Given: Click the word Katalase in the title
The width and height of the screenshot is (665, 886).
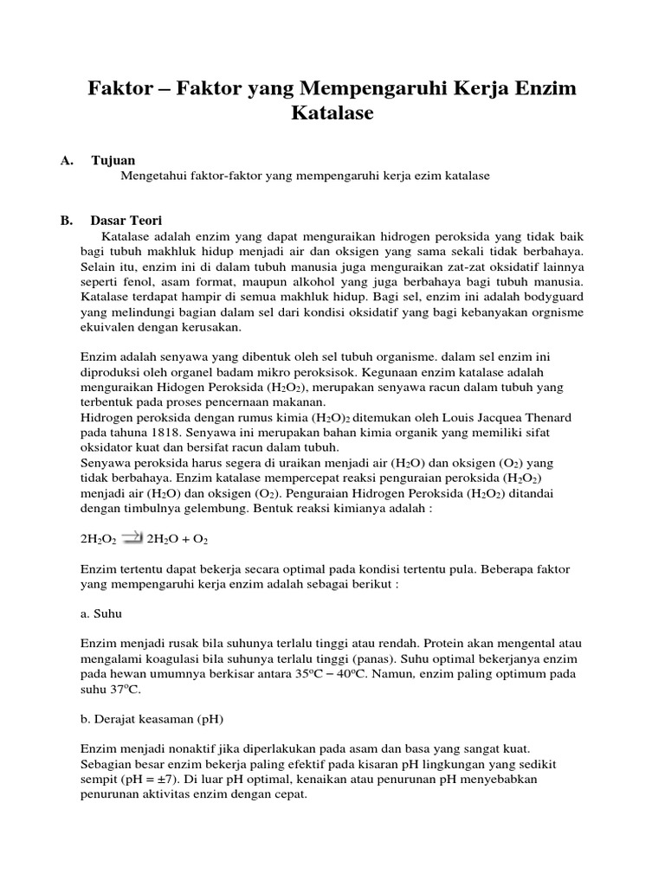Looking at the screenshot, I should tap(332, 112).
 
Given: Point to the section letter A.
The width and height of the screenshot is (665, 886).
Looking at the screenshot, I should tap(66, 160).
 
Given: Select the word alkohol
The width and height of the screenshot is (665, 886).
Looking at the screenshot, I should tap(319, 282).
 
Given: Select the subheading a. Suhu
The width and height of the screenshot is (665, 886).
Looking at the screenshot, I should tap(101, 613).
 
